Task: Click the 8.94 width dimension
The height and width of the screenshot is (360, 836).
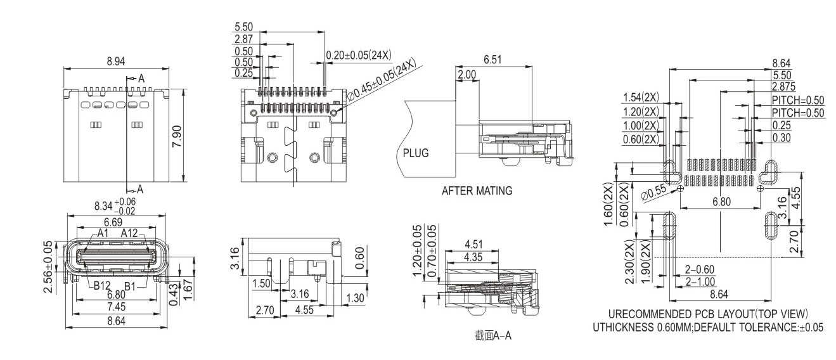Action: pos(116,61)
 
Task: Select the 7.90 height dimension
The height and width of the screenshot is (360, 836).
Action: pos(177,134)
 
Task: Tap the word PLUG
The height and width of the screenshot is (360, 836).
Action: pos(416,153)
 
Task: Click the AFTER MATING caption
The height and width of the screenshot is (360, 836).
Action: pos(477,190)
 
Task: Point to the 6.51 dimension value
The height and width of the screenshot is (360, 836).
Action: pos(493,60)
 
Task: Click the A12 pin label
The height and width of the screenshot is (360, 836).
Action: pos(130,233)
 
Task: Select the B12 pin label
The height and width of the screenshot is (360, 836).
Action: pos(103,286)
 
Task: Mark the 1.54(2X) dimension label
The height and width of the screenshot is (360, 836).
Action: pos(641,98)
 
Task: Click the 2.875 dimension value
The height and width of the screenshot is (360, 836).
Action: pos(784,86)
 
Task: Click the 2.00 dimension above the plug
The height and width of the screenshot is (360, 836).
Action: pos(466,75)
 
